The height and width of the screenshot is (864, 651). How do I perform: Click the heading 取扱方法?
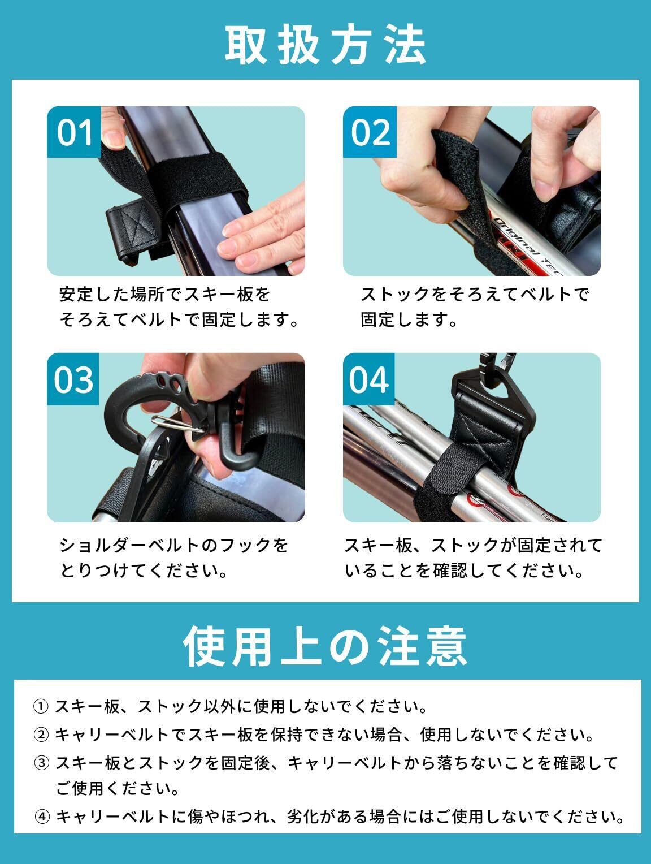tap(325, 45)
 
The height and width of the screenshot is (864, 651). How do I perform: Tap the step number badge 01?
tap(74, 132)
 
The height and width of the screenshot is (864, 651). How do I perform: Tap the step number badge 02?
tap(370, 132)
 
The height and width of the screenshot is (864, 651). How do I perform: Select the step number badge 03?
tap(73, 379)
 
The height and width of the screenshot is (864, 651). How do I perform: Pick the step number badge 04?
tap(368, 379)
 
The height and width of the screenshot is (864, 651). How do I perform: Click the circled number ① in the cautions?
tap(41, 707)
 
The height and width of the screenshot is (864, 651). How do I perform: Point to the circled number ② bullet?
tap(41, 735)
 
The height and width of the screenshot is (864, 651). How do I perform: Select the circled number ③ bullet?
tap(41, 763)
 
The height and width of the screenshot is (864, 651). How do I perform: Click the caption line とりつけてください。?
tap(144, 571)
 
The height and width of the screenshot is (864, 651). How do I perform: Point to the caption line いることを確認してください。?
tap(464, 571)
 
